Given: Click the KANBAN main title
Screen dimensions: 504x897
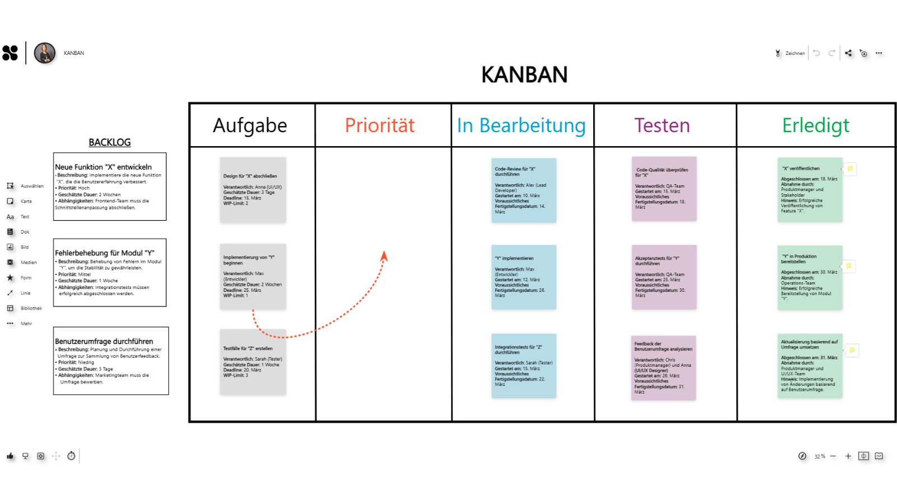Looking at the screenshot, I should pyautogui.click(x=524, y=74).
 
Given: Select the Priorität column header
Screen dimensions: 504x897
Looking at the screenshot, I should pyautogui.click(x=380, y=125).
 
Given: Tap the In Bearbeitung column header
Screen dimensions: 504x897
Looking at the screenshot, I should pyautogui.click(x=521, y=125).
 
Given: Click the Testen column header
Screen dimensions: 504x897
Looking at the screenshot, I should pyautogui.click(x=662, y=125).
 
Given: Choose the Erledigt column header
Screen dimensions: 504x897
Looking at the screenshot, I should pyautogui.click(x=816, y=125).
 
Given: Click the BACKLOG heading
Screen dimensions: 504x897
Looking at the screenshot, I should pyautogui.click(x=109, y=142).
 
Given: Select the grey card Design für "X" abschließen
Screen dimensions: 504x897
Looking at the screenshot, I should pyautogui.click(x=253, y=190).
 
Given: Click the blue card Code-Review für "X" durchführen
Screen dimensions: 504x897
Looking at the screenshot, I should pyautogui.click(x=524, y=190).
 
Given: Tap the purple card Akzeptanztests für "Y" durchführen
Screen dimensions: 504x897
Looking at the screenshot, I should pyautogui.click(x=664, y=277).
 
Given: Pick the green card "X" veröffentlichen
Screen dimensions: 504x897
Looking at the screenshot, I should pyautogui.click(x=810, y=190).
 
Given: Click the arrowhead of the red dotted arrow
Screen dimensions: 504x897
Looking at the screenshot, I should pyautogui.click(x=384, y=256).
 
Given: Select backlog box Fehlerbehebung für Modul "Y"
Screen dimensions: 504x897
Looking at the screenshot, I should pyautogui.click(x=110, y=273).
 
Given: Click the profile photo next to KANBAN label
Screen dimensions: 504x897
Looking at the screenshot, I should pyautogui.click(x=45, y=53).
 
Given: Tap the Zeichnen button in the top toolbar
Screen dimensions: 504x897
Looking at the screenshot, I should pyautogui.click(x=790, y=53).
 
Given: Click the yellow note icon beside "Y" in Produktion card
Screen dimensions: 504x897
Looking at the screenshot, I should pyautogui.click(x=849, y=266).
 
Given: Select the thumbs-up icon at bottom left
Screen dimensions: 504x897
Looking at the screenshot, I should pyautogui.click(x=10, y=456).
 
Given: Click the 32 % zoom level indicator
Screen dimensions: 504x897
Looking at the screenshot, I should pyautogui.click(x=820, y=456).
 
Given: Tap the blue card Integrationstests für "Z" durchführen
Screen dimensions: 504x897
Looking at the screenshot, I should pyautogui.click(x=524, y=366).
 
